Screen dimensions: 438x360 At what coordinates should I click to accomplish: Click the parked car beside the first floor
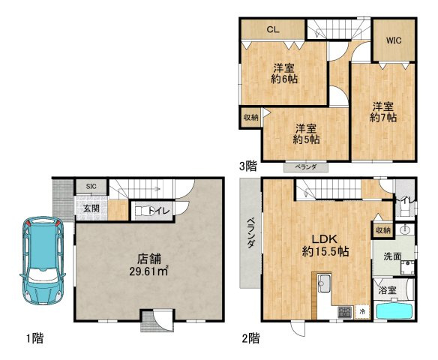pyautogui.click(x=43, y=260)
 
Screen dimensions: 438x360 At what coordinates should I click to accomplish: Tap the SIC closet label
pyautogui.click(x=91, y=186)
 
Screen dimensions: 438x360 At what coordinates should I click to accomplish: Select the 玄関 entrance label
pyautogui.click(x=91, y=208)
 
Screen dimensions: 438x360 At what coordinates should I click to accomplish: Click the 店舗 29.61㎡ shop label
pyautogui.click(x=148, y=265)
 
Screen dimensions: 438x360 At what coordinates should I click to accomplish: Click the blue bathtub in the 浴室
pyautogui.click(x=394, y=310)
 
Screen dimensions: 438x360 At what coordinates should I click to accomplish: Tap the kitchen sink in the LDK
pyautogui.click(x=324, y=283)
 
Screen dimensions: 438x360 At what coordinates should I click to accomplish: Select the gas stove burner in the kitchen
pyautogui.click(x=344, y=312)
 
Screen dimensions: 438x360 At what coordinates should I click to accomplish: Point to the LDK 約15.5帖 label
pyautogui.click(x=325, y=245)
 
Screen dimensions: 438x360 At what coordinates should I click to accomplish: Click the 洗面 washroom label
pyautogui.click(x=392, y=256)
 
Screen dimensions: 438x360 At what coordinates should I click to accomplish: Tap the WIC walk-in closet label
pyautogui.click(x=394, y=40)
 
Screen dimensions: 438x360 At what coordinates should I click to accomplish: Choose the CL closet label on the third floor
pyautogui.click(x=273, y=29)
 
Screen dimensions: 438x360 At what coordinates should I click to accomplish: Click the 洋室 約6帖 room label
pyautogui.click(x=283, y=73)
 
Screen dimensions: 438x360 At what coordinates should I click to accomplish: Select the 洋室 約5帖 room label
pyautogui.click(x=306, y=134)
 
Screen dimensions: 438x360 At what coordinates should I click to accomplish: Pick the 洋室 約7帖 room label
pyautogui.click(x=383, y=112)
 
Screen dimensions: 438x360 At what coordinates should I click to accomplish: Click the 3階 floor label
pyautogui.click(x=247, y=166)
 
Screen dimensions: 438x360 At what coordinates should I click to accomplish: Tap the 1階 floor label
pyautogui.click(x=35, y=338)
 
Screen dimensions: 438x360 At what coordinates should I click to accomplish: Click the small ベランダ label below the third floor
pyautogui.click(x=306, y=167)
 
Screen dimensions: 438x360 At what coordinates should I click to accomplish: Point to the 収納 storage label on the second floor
pyautogui.click(x=382, y=230)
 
